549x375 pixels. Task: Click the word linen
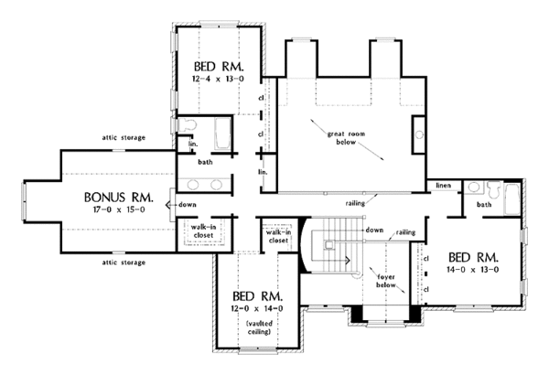pos(446,184)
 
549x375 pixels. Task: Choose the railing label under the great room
pos(357,203)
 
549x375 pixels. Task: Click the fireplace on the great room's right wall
pos(420,133)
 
